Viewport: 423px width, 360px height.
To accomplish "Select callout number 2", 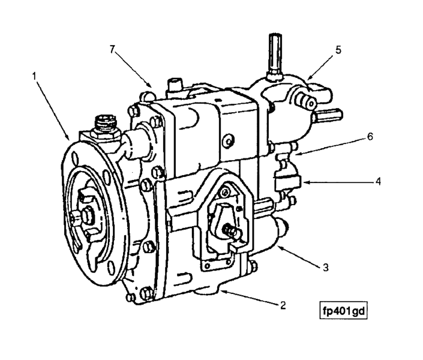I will tap(283, 304).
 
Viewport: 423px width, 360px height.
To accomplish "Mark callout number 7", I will tap(112, 49).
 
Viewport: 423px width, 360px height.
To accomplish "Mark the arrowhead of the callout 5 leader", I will tap(307, 79).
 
